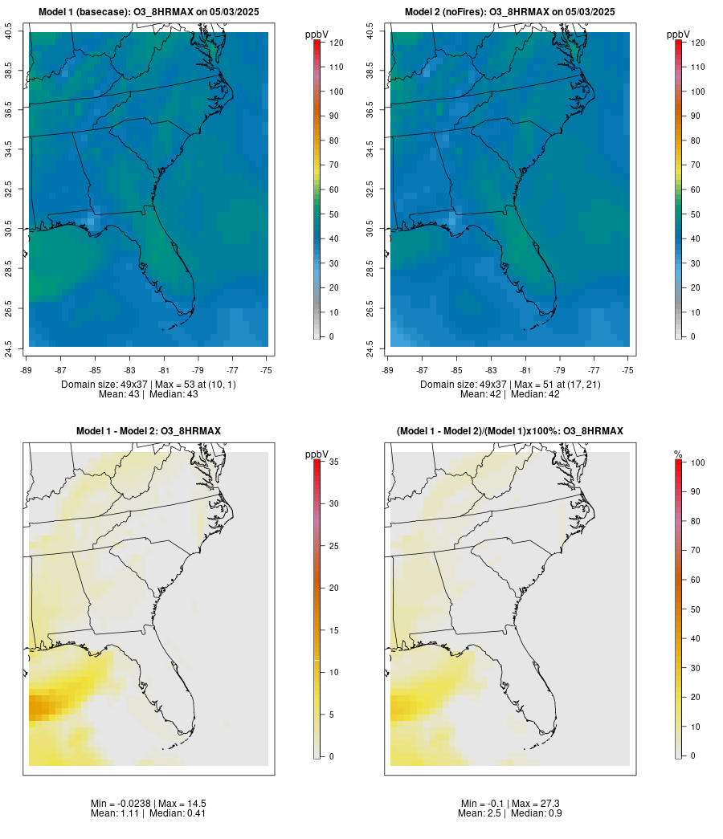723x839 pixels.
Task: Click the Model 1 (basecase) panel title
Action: point(149,12)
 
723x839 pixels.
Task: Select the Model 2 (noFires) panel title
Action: point(510,12)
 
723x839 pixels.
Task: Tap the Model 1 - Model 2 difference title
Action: point(149,431)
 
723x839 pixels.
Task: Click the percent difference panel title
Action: point(510,431)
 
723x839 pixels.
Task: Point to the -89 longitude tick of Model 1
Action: point(28,369)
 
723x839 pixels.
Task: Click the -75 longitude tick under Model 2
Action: point(627,369)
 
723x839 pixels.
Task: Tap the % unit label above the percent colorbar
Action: point(678,454)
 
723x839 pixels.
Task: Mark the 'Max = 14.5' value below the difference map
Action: point(178,803)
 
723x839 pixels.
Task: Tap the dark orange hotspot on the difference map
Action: point(37,707)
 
